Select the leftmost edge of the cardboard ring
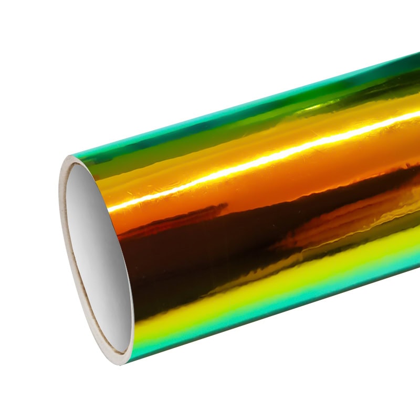click(x=59, y=210)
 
